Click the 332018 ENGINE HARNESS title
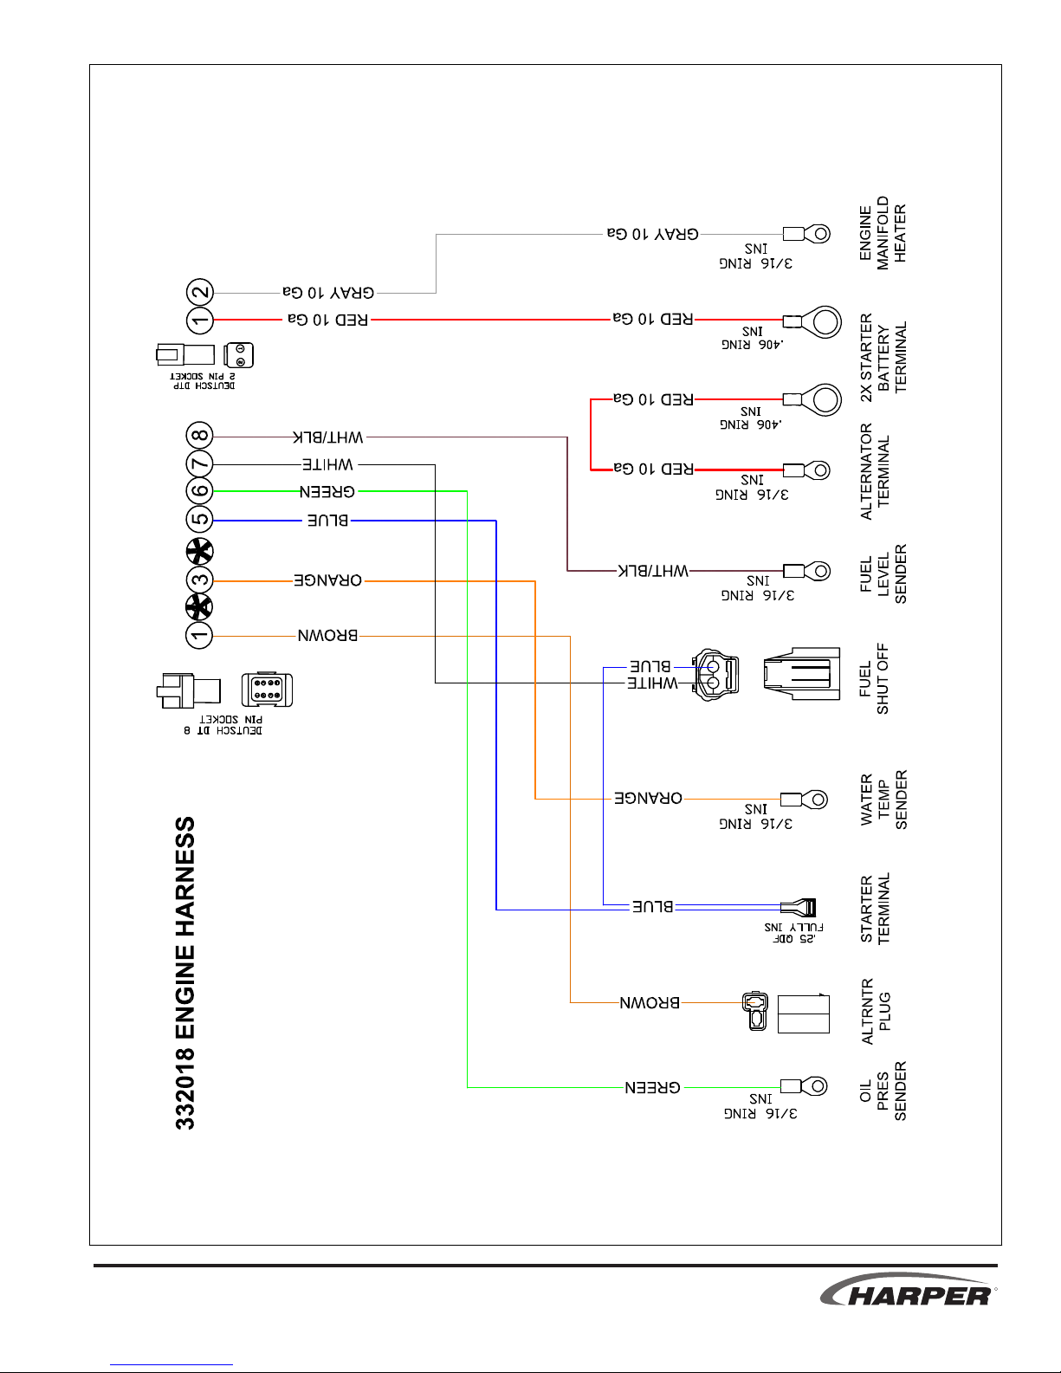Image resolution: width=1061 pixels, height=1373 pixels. tap(185, 973)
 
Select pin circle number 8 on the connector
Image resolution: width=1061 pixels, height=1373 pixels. tap(199, 436)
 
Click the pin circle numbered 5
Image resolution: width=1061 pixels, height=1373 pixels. tap(199, 520)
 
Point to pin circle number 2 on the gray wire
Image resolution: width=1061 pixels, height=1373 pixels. tap(200, 293)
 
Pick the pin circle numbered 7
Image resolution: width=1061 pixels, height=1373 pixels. tap(199, 463)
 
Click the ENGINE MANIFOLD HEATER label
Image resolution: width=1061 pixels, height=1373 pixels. tap(883, 232)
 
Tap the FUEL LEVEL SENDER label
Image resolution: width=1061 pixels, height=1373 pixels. tap(883, 573)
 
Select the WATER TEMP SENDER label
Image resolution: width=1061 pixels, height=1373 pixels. tap(883, 800)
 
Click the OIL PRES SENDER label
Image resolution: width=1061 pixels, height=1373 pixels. tap(883, 1091)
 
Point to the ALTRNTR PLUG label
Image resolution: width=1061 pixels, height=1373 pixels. tap(876, 1011)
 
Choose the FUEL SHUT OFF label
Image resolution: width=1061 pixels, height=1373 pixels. tap(874, 678)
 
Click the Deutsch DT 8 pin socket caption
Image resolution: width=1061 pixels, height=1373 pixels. tap(223, 725)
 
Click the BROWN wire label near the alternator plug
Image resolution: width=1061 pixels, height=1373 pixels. tap(650, 1003)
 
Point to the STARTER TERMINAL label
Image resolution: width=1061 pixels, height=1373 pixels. tap(875, 909)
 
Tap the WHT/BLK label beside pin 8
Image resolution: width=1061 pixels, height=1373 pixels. tap(327, 437)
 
